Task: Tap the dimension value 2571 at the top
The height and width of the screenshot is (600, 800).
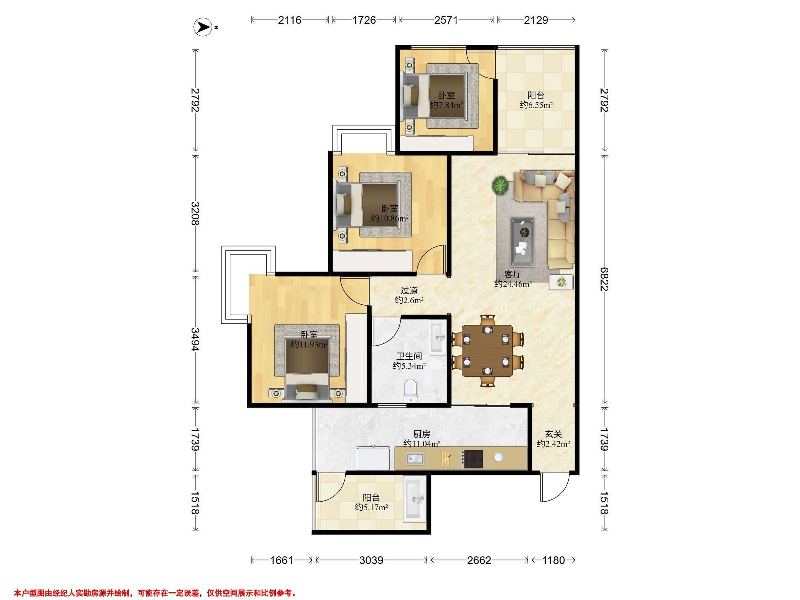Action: tap(446, 20)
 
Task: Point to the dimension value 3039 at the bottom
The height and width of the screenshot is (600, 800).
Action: tap(371, 560)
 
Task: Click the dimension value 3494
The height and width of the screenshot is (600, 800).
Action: tap(195, 339)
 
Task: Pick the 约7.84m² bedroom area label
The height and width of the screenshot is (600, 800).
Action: tap(446, 105)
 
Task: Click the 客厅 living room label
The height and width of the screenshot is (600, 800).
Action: tap(513, 274)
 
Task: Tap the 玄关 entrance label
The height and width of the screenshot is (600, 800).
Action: tap(553, 434)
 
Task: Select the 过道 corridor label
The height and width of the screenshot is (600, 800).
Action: tap(409, 290)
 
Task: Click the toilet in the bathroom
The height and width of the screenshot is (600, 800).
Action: tap(410, 391)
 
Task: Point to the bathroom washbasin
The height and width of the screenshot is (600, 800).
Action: tap(438, 338)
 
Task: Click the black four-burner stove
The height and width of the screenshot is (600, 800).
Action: tap(473, 459)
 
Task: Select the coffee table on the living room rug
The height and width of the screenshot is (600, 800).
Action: tap(523, 242)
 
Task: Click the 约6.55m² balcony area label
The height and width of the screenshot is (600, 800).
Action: tap(536, 105)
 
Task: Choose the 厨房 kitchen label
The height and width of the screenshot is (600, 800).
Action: tap(422, 434)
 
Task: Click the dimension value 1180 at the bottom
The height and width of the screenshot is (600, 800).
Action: tap(553, 560)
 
